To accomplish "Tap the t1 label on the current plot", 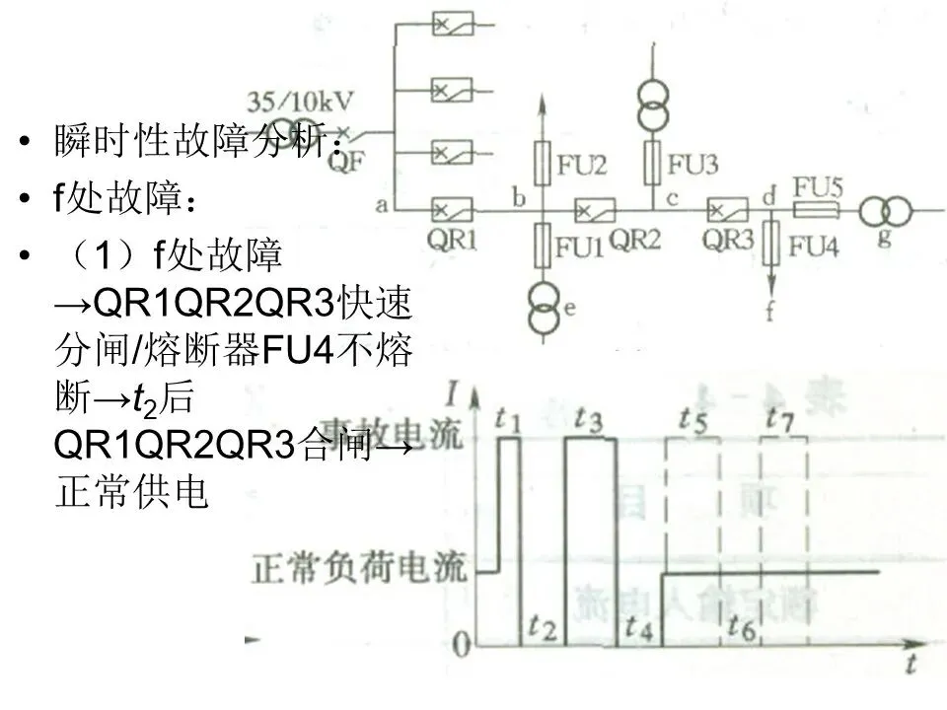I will point(508,419).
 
